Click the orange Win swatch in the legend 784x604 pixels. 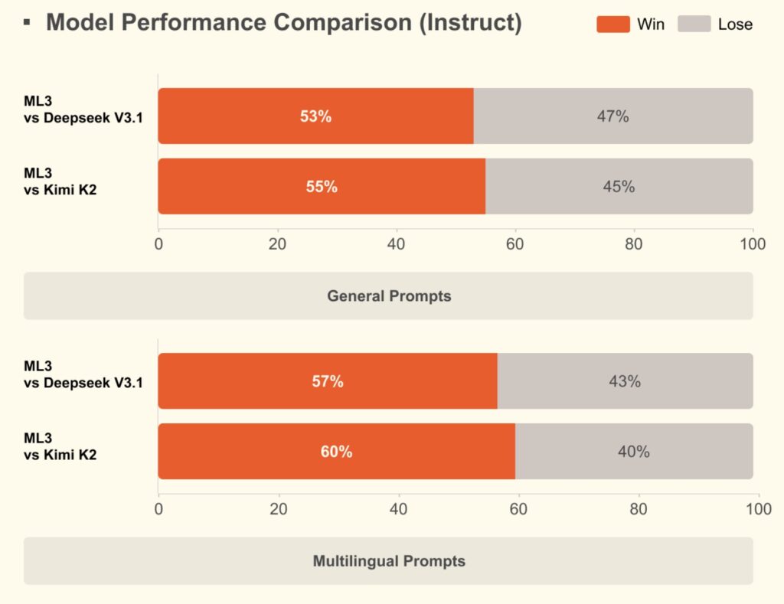[x=613, y=24]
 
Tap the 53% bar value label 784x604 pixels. [x=315, y=116]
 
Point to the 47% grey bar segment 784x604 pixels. [x=613, y=116]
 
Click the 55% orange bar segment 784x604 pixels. [x=322, y=187]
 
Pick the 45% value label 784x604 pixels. [x=619, y=187]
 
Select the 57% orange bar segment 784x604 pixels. [x=328, y=381]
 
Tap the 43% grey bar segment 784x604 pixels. [x=625, y=381]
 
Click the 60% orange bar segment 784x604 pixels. [x=336, y=452]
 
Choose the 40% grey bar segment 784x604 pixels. [x=634, y=452]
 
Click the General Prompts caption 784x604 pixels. [x=389, y=295]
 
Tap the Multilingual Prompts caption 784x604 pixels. [x=389, y=561]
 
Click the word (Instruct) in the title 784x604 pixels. [x=470, y=23]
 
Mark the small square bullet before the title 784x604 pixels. [x=28, y=22]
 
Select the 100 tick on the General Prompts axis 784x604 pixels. [x=753, y=244]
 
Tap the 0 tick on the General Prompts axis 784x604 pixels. [x=158, y=244]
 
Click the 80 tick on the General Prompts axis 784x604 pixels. [x=634, y=244]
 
